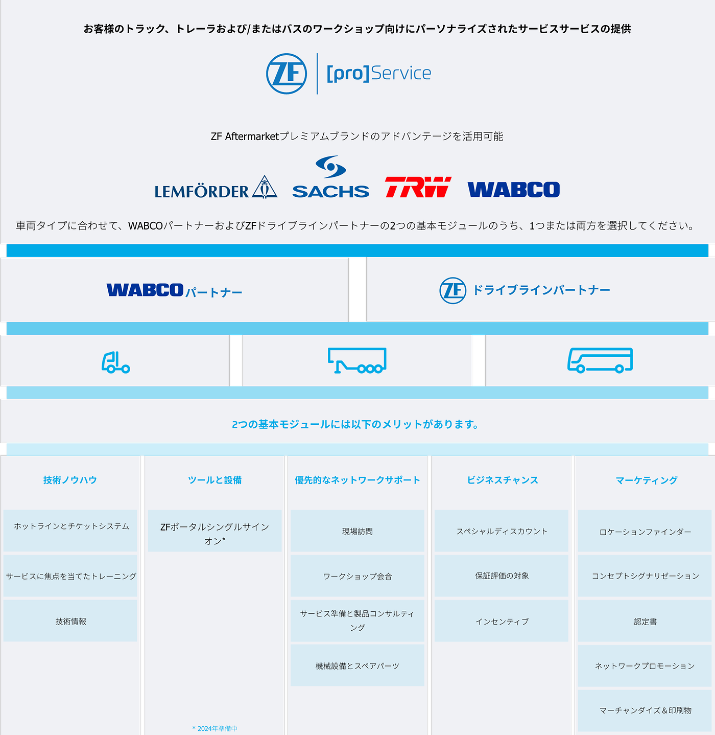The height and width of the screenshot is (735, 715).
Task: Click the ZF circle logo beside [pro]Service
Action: click(x=287, y=74)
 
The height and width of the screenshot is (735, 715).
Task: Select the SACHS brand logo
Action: click(x=330, y=178)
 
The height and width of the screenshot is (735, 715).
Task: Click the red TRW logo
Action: click(x=418, y=187)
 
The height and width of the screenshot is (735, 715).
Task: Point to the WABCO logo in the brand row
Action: click(x=513, y=189)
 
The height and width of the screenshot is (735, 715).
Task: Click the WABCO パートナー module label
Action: click(x=174, y=290)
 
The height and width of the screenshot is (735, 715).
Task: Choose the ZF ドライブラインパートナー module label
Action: click(x=525, y=290)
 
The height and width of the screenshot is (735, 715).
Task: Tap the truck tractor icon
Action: click(x=115, y=362)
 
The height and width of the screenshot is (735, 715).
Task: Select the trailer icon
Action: click(x=357, y=360)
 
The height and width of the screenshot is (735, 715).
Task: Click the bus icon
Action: click(x=600, y=360)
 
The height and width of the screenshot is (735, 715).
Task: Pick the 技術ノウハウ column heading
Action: click(x=70, y=480)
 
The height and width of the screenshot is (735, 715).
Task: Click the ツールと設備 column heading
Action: click(x=214, y=480)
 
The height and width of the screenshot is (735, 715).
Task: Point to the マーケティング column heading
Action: click(x=646, y=480)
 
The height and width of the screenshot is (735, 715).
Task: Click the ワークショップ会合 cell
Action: click(x=357, y=576)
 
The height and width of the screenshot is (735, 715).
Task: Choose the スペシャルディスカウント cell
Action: click(x=502, y=531)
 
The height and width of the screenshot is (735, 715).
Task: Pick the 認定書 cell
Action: click(x=645, y=621)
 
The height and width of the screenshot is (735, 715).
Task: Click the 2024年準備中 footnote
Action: click(x=215, y=728)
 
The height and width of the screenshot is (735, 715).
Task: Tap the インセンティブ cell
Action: click(x=502, y=621)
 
